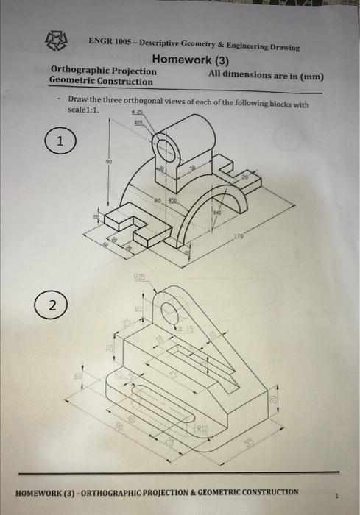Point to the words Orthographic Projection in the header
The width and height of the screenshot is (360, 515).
103,71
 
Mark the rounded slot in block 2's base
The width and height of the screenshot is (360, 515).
158,407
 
